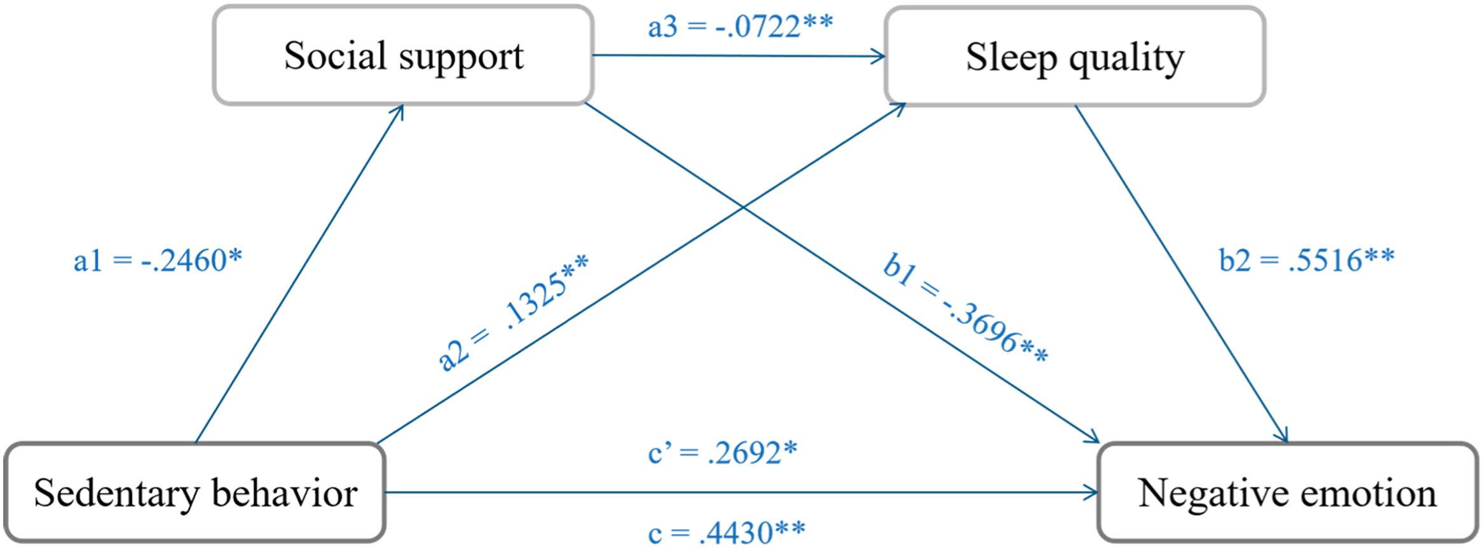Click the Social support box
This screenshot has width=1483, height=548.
(403, 56)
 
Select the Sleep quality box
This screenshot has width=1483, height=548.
(1074, 57)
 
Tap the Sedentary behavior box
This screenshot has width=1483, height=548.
(195, 493)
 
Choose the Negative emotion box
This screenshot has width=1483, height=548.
(1287, 493)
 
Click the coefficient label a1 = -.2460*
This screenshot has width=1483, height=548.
(158, 261)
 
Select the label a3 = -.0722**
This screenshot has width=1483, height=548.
(740, 27)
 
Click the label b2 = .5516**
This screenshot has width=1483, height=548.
(1306, 260)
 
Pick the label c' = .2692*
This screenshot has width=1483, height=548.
(722, 453)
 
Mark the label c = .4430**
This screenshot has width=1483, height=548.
(726, 533)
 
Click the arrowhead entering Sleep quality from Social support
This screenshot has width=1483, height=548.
(881, 57)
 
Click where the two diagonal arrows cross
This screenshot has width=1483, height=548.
(742, 207)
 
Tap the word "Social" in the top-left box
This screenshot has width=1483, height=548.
(335, 56)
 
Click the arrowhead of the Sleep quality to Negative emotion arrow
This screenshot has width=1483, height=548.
(1284, 438)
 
